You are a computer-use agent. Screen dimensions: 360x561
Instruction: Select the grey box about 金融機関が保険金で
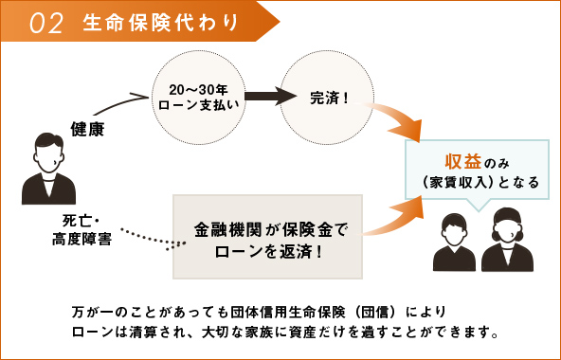coord(268,238)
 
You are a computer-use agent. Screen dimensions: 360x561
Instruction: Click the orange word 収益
coord(458,159)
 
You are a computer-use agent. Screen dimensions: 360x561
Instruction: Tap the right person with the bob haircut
coord(508,241)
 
